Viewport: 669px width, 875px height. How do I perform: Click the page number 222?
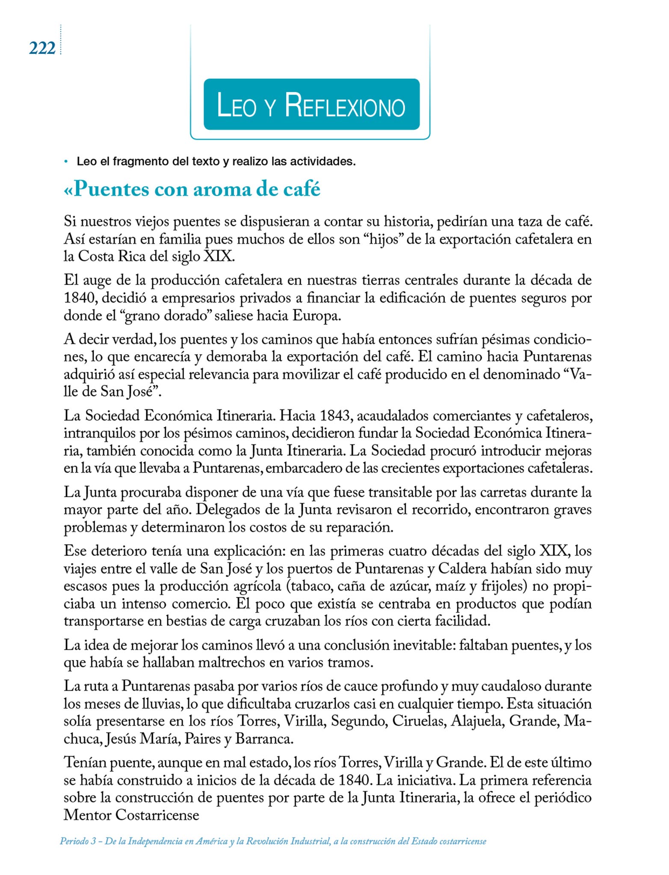(42, 48)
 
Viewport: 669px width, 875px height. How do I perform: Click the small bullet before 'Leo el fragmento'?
(66, 162)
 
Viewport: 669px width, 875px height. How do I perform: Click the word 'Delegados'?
(232, 510)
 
